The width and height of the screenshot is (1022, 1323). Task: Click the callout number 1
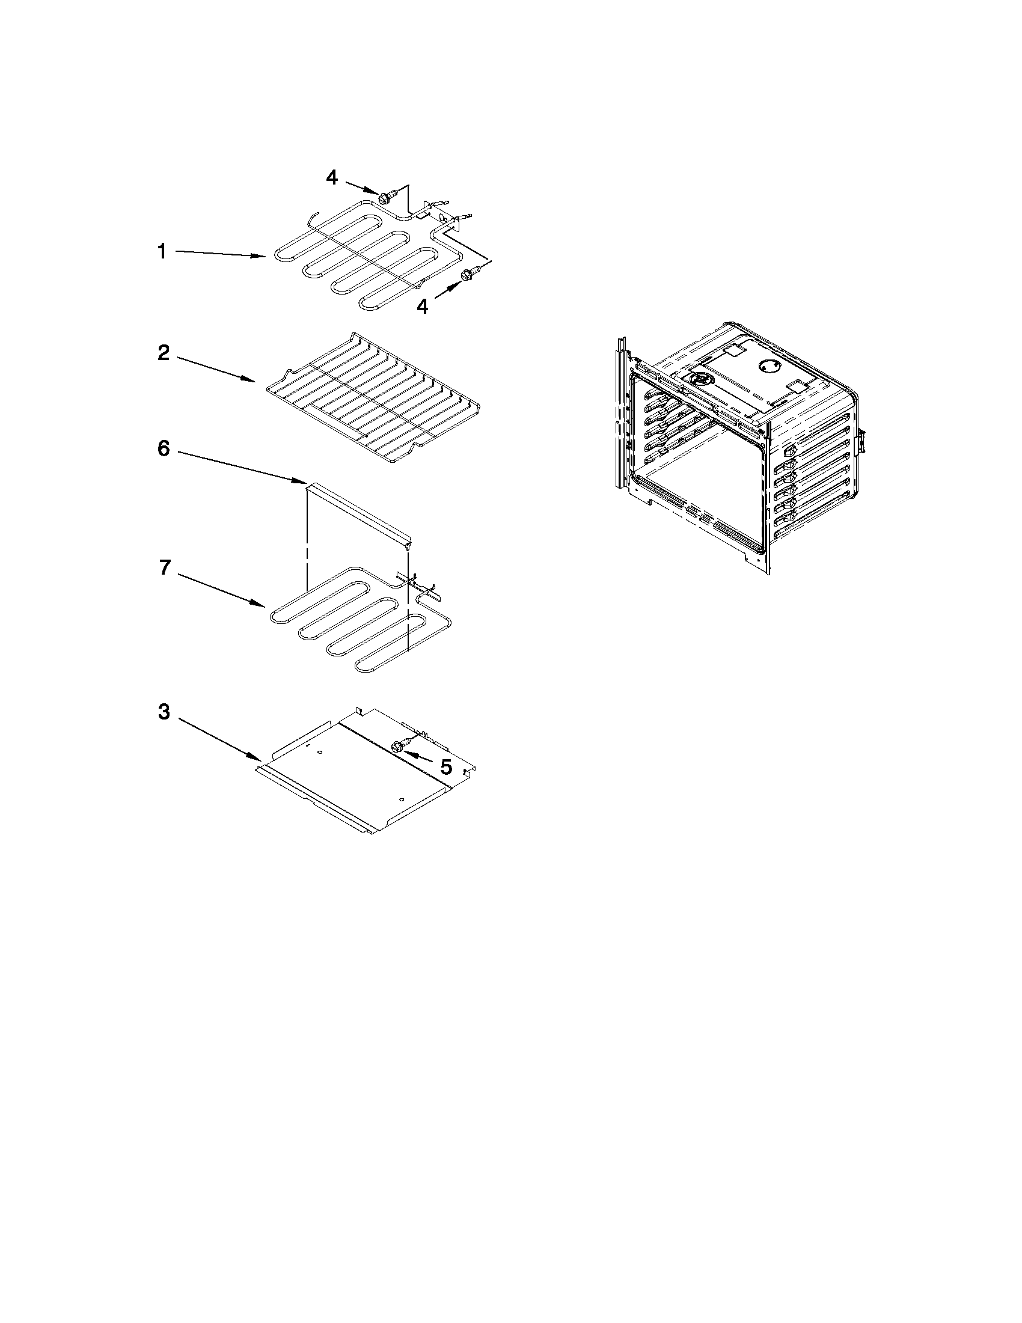point(162,251)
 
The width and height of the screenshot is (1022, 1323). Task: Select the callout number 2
point(164,353)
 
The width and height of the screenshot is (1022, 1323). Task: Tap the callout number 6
point(164,450)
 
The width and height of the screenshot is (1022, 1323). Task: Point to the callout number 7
point(164,568)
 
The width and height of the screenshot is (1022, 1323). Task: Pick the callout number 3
point(164,712)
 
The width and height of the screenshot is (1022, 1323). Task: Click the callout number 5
point(446,768)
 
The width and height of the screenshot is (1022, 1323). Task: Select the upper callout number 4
point(332,177)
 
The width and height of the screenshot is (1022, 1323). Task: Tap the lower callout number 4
point(422,307)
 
